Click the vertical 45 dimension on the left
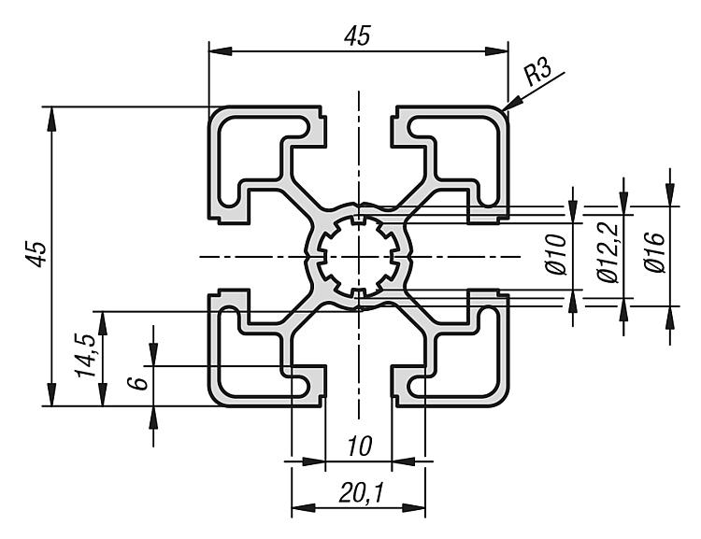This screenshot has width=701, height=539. pos(36,254)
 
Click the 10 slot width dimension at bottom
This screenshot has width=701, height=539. pos(356,447)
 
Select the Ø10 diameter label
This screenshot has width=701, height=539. pos(557,254)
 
